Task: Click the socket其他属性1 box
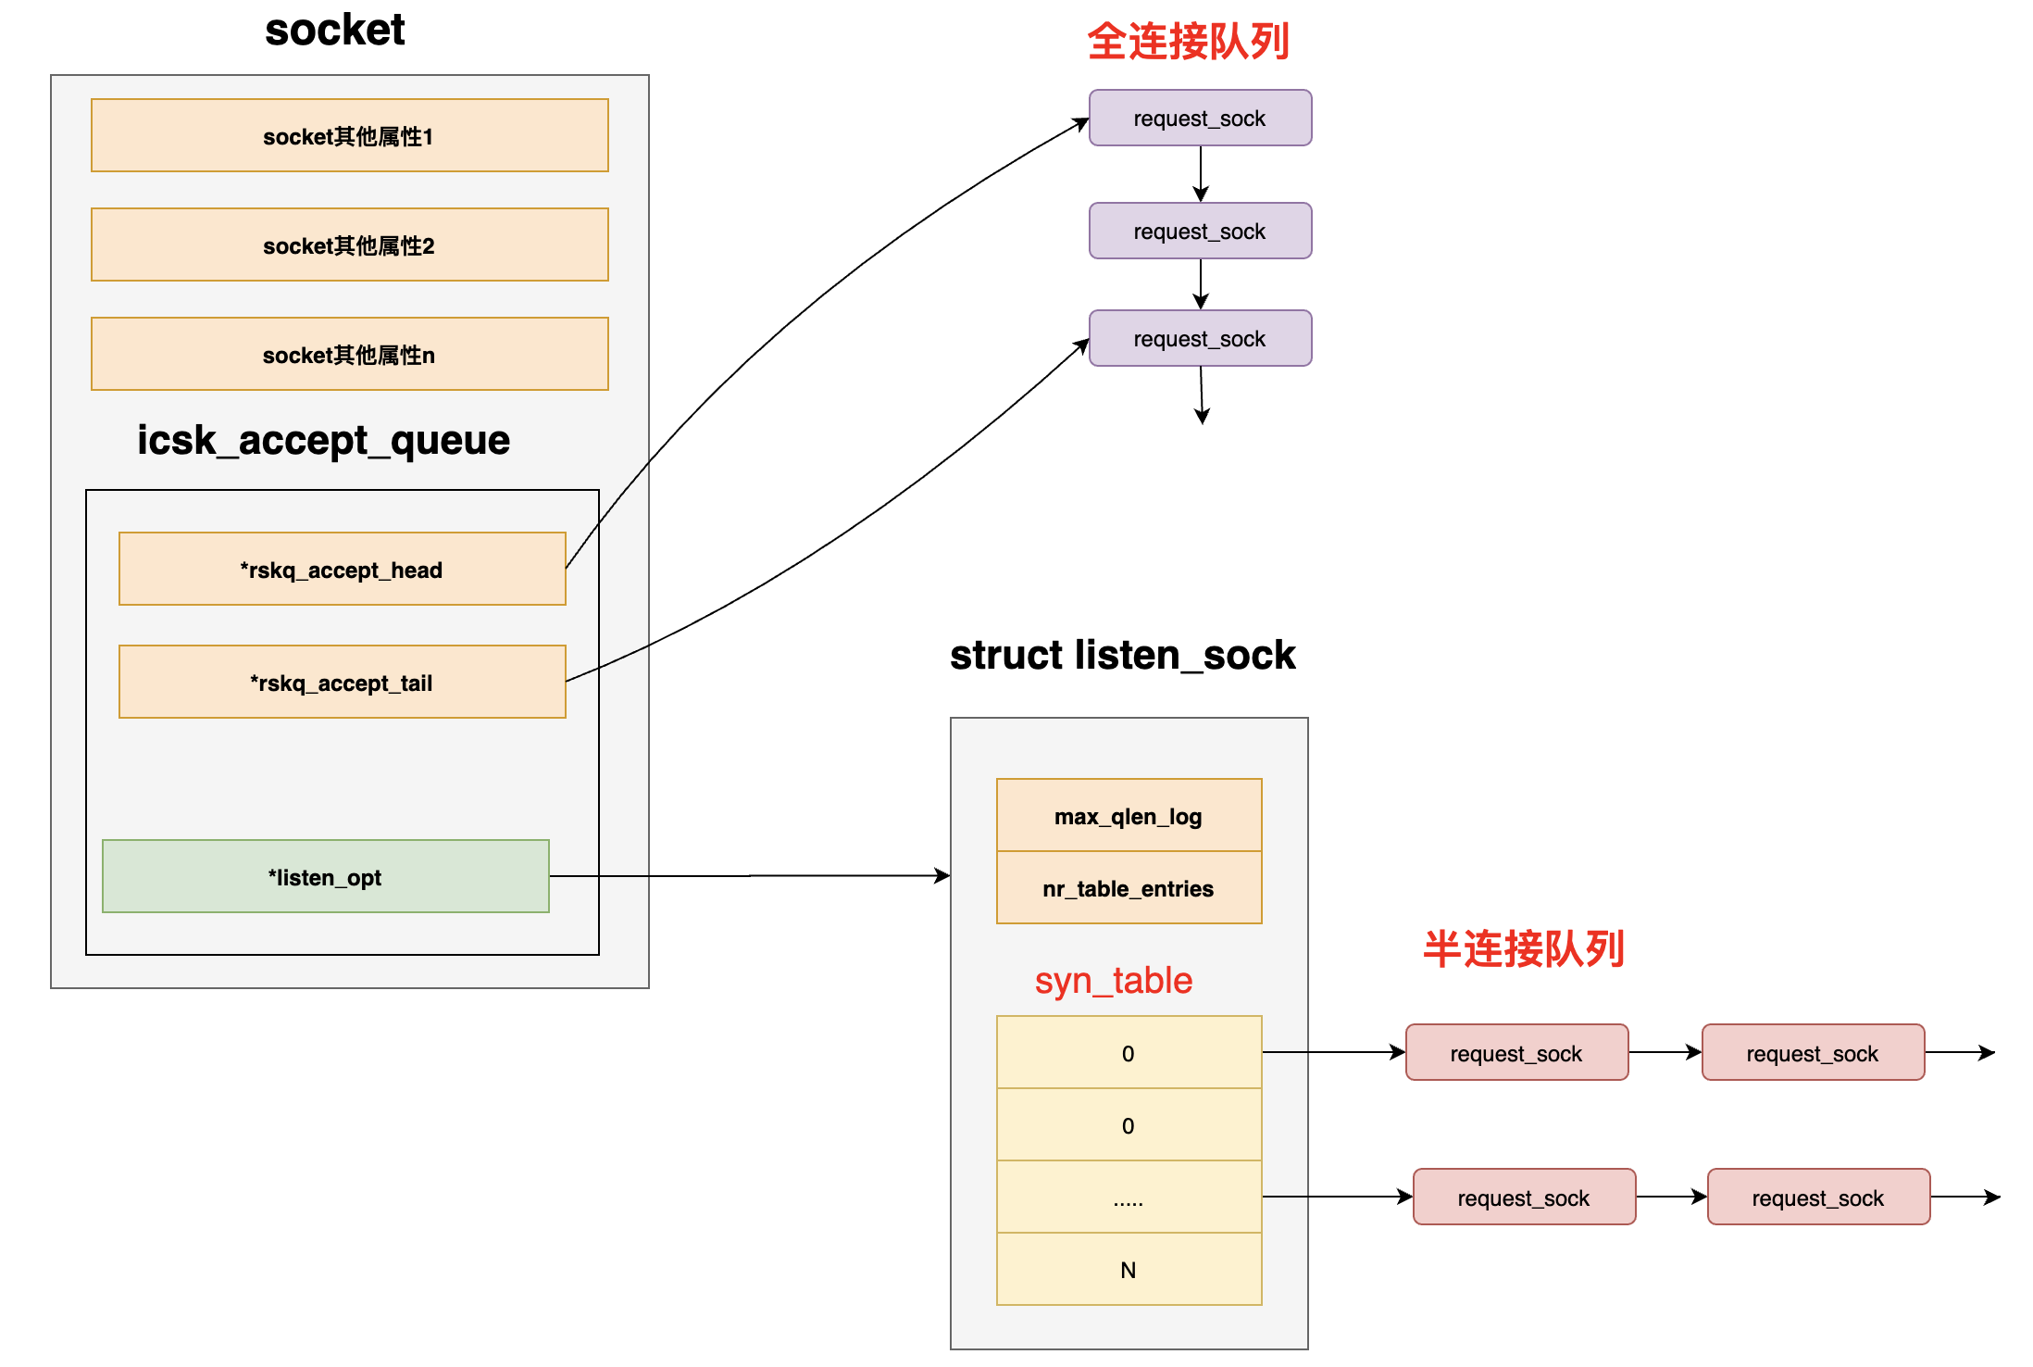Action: (x=349, y=136)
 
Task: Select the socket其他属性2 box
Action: (x=349, y=245)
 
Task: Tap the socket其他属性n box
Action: (x=349, y=355)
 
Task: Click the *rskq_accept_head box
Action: (x=342, y=570)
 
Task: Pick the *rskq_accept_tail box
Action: (x=342, y=683)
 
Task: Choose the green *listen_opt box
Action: (x=325, y=877)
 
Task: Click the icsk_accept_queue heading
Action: (x=323, y=440)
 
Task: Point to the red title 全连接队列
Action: (x=1188, y=42)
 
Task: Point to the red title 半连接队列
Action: (x=1523, y=949)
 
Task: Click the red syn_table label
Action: (x=1113, y=980)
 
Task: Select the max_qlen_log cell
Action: (x=1129, y=816)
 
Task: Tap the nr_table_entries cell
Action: (x=1129, y=888)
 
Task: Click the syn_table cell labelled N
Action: (x=1129, y=1270)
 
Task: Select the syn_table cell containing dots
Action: (x=1129, y=1198)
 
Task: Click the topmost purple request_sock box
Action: (x=1200, y=119)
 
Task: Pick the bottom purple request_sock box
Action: (x=1200, y=339)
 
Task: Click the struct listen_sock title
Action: (x=1122, y=655)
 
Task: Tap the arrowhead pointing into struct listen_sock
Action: (x=943, y=875)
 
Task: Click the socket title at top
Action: (x=334, y=30)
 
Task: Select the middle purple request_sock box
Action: (x=1200, y=232)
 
